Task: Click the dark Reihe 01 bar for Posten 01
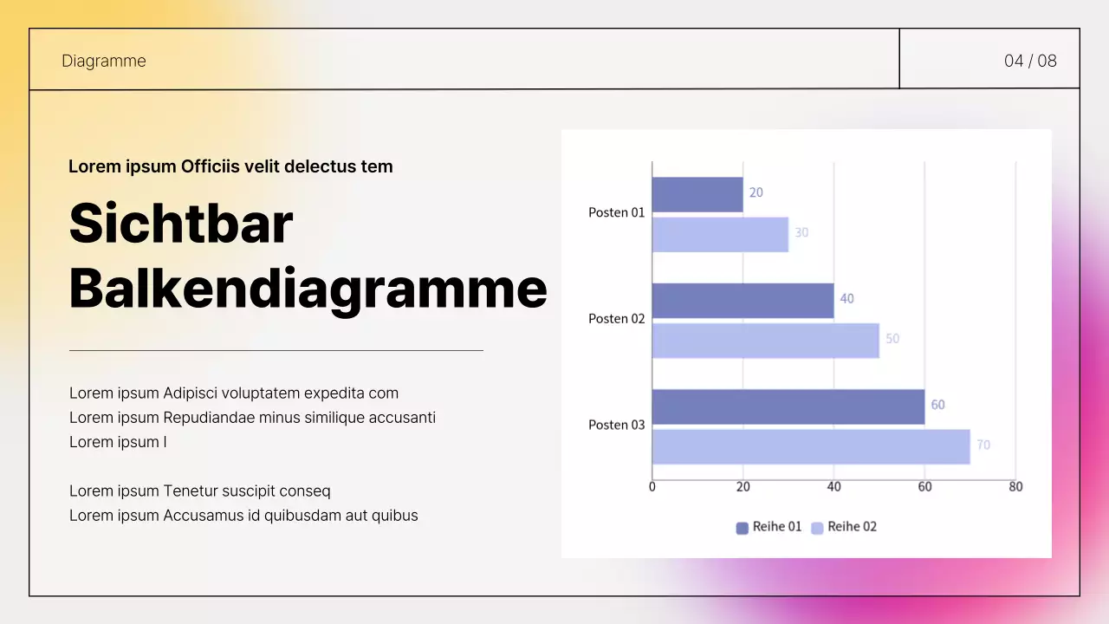697,195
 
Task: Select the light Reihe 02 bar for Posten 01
720,235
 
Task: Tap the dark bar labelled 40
743,301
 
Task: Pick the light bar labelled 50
766,341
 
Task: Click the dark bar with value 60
788,407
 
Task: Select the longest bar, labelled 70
812,446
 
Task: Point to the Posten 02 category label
616,318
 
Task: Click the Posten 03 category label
616,425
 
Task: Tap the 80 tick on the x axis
1015,487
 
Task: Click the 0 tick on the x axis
652,487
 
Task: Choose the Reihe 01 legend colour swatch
743,528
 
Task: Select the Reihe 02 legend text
852,526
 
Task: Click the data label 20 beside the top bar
756,192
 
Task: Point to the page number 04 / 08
1030,61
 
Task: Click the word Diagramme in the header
103,61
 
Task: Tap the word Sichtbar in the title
181,224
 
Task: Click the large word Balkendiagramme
308,289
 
